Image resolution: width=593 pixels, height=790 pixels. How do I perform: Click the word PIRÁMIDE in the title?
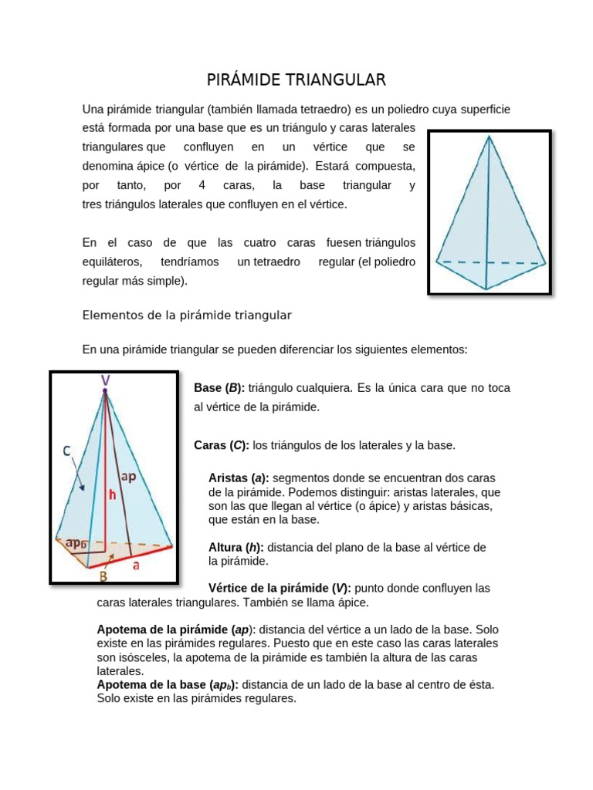point(247,80)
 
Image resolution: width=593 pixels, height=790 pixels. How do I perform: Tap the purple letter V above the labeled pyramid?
point(104,380)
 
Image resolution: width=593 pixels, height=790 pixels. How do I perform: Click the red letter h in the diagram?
point(112,496)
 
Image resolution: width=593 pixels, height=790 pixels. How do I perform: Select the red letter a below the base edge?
point(136,565)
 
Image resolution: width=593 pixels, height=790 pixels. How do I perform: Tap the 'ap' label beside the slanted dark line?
point(128,477)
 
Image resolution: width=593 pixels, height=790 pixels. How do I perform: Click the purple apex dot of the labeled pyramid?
point(104,392)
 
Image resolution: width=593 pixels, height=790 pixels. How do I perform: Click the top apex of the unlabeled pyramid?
point(488,137)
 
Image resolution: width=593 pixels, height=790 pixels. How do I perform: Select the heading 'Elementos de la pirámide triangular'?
point(187,316)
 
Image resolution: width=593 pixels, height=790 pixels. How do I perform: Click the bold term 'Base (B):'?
point(219,388)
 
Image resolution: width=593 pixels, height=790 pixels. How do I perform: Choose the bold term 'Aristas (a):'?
point(239,478)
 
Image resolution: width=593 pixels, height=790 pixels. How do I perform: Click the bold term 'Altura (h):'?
point(236,547)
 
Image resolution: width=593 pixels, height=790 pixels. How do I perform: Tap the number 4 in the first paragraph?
point(202,186)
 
